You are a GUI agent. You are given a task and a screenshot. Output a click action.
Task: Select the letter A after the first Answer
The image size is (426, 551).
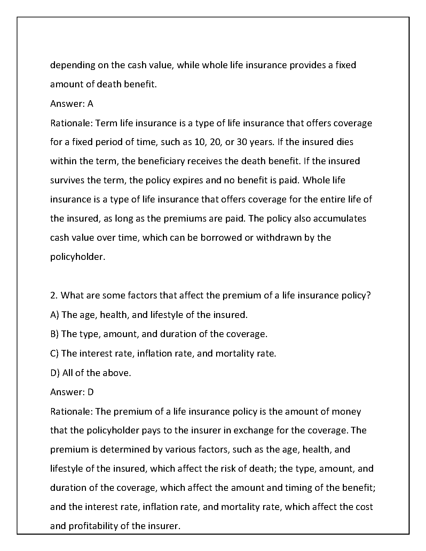pos(90,104)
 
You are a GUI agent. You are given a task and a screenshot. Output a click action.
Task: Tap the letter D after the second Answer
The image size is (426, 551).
pos(90,392)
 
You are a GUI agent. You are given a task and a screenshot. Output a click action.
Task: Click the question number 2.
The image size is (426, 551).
pos(54,295)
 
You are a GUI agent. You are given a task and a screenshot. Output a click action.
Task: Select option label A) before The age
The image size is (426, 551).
pos(55,315)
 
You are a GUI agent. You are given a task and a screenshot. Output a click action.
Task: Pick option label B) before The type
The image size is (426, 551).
pos(55,334)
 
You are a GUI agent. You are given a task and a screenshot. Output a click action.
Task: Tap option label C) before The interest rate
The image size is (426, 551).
pos(55,353)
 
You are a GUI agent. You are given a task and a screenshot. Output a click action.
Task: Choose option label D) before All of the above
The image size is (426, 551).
pos(55,373)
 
